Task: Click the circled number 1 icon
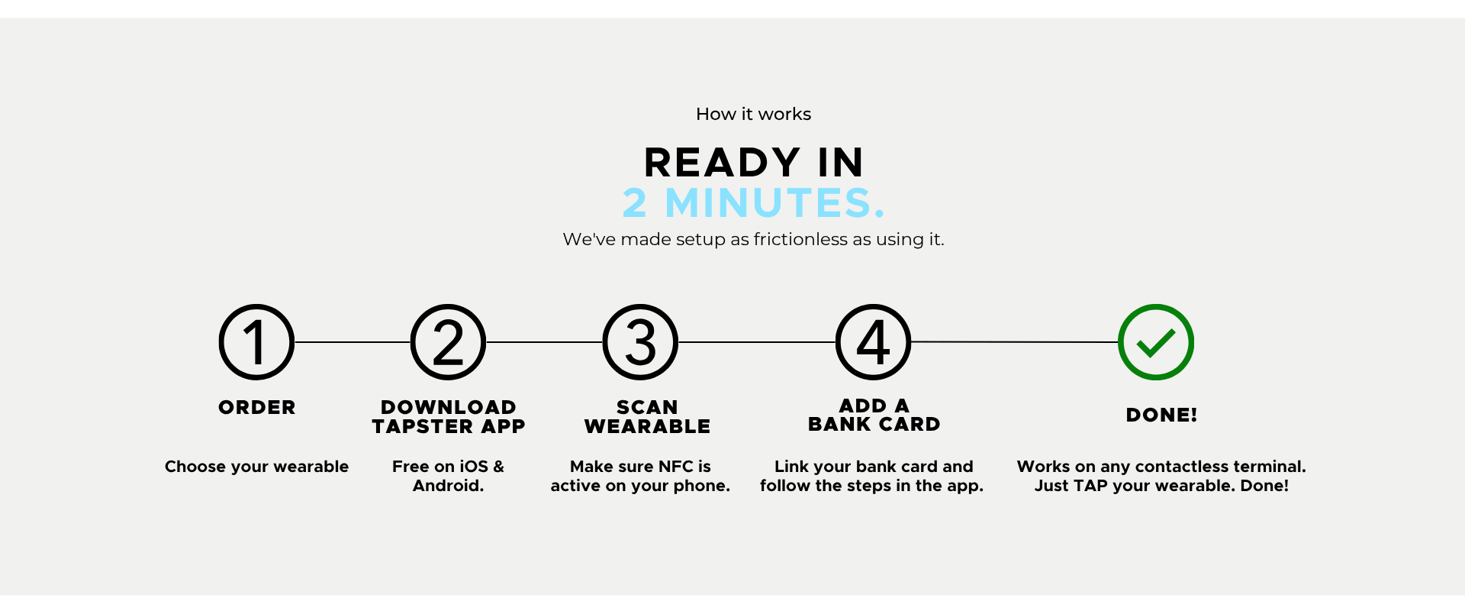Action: tap(256, 342)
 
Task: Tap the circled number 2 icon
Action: tap(448, 342)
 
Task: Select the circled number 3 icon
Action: tap(640, 342)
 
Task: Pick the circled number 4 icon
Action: tap(873, 342)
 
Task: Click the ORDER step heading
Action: tap(257, 407)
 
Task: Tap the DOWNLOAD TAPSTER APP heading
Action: tap(449, 416)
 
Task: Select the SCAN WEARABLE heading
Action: tap(647, 416)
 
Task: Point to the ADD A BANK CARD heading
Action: tap(874, 415)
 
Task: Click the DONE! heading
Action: tap(1161, 415)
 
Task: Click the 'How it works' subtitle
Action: tap(753, 114)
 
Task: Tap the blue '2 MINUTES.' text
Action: tap(754, 203)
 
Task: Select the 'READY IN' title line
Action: tap(754, 163)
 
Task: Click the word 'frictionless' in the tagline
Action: tap(800, 239)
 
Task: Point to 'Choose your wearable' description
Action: tap(256, 467)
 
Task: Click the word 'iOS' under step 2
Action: tap(474, 466)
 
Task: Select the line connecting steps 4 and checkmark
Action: tap(1015, 342)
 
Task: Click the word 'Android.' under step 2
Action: tap(448, 486)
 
